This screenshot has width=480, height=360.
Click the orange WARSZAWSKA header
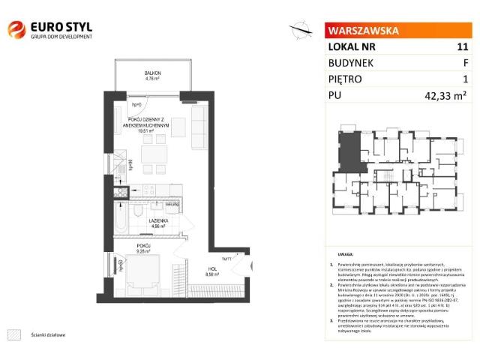click(x=363, y=31)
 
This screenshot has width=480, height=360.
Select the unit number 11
click(x=462, y=46)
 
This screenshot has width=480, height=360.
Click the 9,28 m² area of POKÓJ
click(x=144, y=250)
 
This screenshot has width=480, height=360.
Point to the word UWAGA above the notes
click(x=345, y=255)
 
